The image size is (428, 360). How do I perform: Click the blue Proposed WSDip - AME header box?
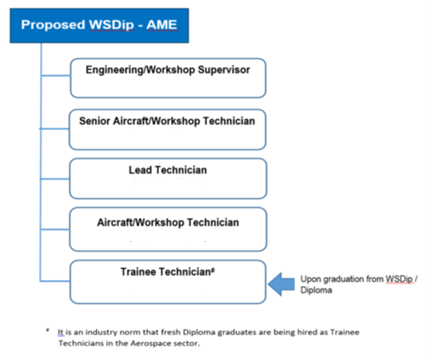pos(100,26)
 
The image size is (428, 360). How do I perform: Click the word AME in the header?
pos(162,25)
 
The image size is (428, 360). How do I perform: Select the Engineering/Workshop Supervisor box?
pos(168,78)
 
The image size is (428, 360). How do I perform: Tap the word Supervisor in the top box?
pos(224,70)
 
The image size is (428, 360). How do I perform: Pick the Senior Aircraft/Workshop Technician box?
pos(168,129)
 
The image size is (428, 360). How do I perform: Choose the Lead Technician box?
pos(168,179)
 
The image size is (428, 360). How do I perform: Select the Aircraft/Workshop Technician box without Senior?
pos(168,229)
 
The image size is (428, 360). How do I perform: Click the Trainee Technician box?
pos(168,282)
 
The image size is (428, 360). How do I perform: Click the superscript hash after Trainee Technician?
pos(213,270)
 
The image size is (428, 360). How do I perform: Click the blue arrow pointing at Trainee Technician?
pos(282,284)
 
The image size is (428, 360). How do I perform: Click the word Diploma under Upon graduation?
pos(317,290)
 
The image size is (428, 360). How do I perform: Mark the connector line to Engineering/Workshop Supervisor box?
pos(55,76)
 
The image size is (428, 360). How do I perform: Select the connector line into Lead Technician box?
pos(55,179)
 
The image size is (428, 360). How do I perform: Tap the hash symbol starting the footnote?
pos(48,330)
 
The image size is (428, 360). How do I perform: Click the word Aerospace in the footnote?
pos(151,344)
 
